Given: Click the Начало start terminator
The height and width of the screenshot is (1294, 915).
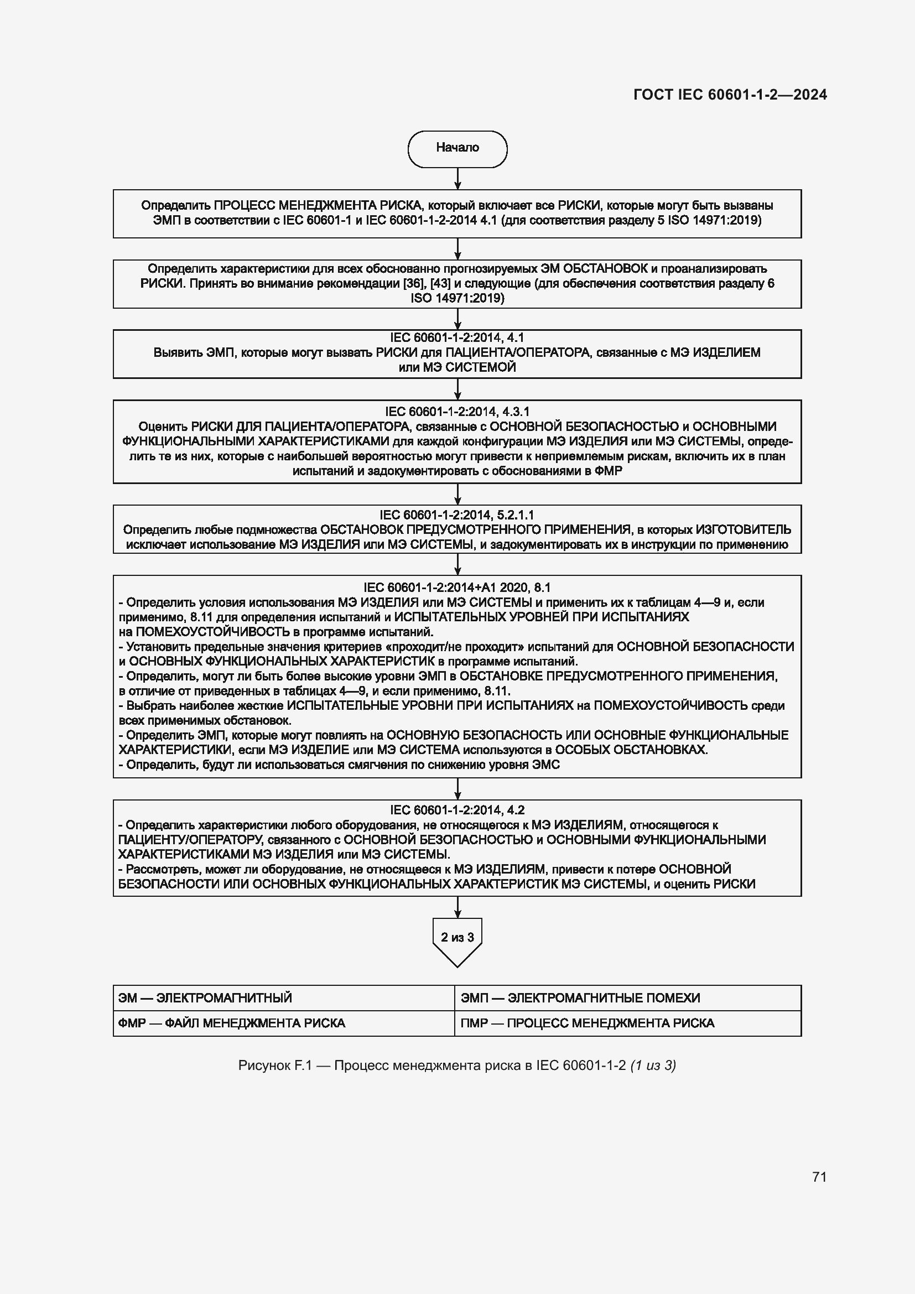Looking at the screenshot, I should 457,149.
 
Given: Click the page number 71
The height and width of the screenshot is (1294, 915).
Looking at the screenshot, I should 819,1177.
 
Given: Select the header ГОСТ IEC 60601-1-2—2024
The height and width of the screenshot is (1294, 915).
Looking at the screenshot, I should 730,95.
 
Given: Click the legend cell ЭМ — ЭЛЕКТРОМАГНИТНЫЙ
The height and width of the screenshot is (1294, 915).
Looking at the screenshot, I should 283,997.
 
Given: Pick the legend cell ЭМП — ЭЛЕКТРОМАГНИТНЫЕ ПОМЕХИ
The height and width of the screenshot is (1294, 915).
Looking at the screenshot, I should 627,997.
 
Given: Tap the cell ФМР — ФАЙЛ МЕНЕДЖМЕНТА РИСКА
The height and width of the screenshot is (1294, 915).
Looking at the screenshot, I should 283,1023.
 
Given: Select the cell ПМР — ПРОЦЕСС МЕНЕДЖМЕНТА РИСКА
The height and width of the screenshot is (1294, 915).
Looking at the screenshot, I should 627,1023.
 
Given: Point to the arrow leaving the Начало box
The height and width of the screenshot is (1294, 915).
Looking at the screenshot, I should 457,179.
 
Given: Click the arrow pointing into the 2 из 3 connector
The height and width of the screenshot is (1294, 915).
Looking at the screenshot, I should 457,907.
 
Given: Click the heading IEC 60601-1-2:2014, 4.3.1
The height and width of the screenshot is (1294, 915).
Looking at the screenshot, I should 457,412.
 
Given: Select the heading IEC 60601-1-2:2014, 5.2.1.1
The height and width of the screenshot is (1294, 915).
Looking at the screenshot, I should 457,515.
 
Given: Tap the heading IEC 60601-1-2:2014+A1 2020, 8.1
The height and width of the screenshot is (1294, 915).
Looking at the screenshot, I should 457,588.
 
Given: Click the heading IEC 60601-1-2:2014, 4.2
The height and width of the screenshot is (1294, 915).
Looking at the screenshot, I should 457,810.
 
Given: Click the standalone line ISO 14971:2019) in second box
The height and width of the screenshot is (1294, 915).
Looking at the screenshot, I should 457,298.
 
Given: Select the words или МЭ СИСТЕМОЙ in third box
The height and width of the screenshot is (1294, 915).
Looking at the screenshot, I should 457,367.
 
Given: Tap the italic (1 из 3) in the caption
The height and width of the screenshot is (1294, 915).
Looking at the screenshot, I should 653,1065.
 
